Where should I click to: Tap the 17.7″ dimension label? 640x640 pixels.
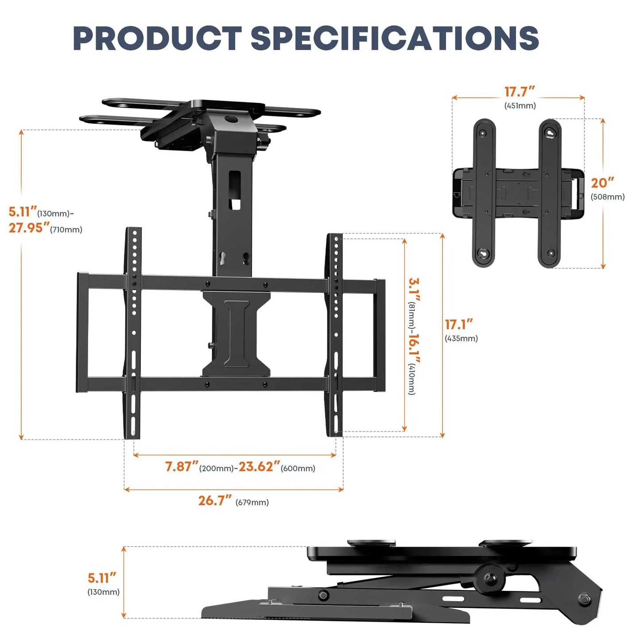(x=520, y=92)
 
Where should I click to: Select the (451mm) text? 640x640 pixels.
(x=520, y=106)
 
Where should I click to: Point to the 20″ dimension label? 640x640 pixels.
(x=602, y=183)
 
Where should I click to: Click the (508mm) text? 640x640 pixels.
(x=607, y=197)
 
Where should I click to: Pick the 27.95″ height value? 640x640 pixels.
(x=29, y=228)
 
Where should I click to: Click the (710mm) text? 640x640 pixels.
(x=66, y=230)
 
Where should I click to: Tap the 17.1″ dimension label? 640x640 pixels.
(x=459, y=325)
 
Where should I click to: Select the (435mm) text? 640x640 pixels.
(x=461, y=339)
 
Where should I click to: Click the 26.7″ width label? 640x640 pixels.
(x=215, y=500)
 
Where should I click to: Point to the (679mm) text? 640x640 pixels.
(x=252, y=503)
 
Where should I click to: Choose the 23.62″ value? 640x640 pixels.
(x=259, y=467)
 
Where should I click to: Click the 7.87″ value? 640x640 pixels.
(x=181, y=467)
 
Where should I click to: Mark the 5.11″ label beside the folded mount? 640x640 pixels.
(x=102, y=578)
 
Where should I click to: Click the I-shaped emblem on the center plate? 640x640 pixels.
(x=237, y=334)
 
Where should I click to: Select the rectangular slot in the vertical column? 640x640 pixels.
(x=235, y=190)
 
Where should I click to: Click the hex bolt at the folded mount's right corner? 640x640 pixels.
(x=585, y=599)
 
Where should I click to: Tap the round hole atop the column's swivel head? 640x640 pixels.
(x=231, y=119)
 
